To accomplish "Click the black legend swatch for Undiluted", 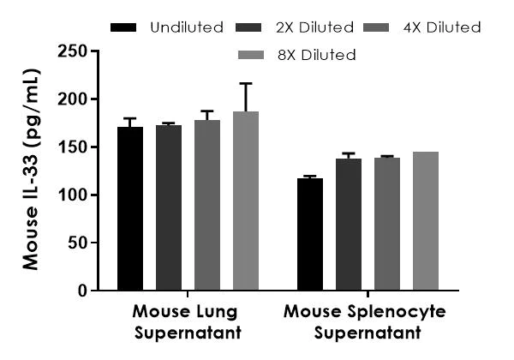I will pos(124,28).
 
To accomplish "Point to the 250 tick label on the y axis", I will pos(73,52).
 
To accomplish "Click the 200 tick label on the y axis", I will pos(73,99).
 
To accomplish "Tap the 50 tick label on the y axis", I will pos(77,243).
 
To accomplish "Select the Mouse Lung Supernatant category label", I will pos(187,321).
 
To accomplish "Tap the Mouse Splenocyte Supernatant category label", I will pos(366,321).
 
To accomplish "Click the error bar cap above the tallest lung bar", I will pos(246,83).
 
